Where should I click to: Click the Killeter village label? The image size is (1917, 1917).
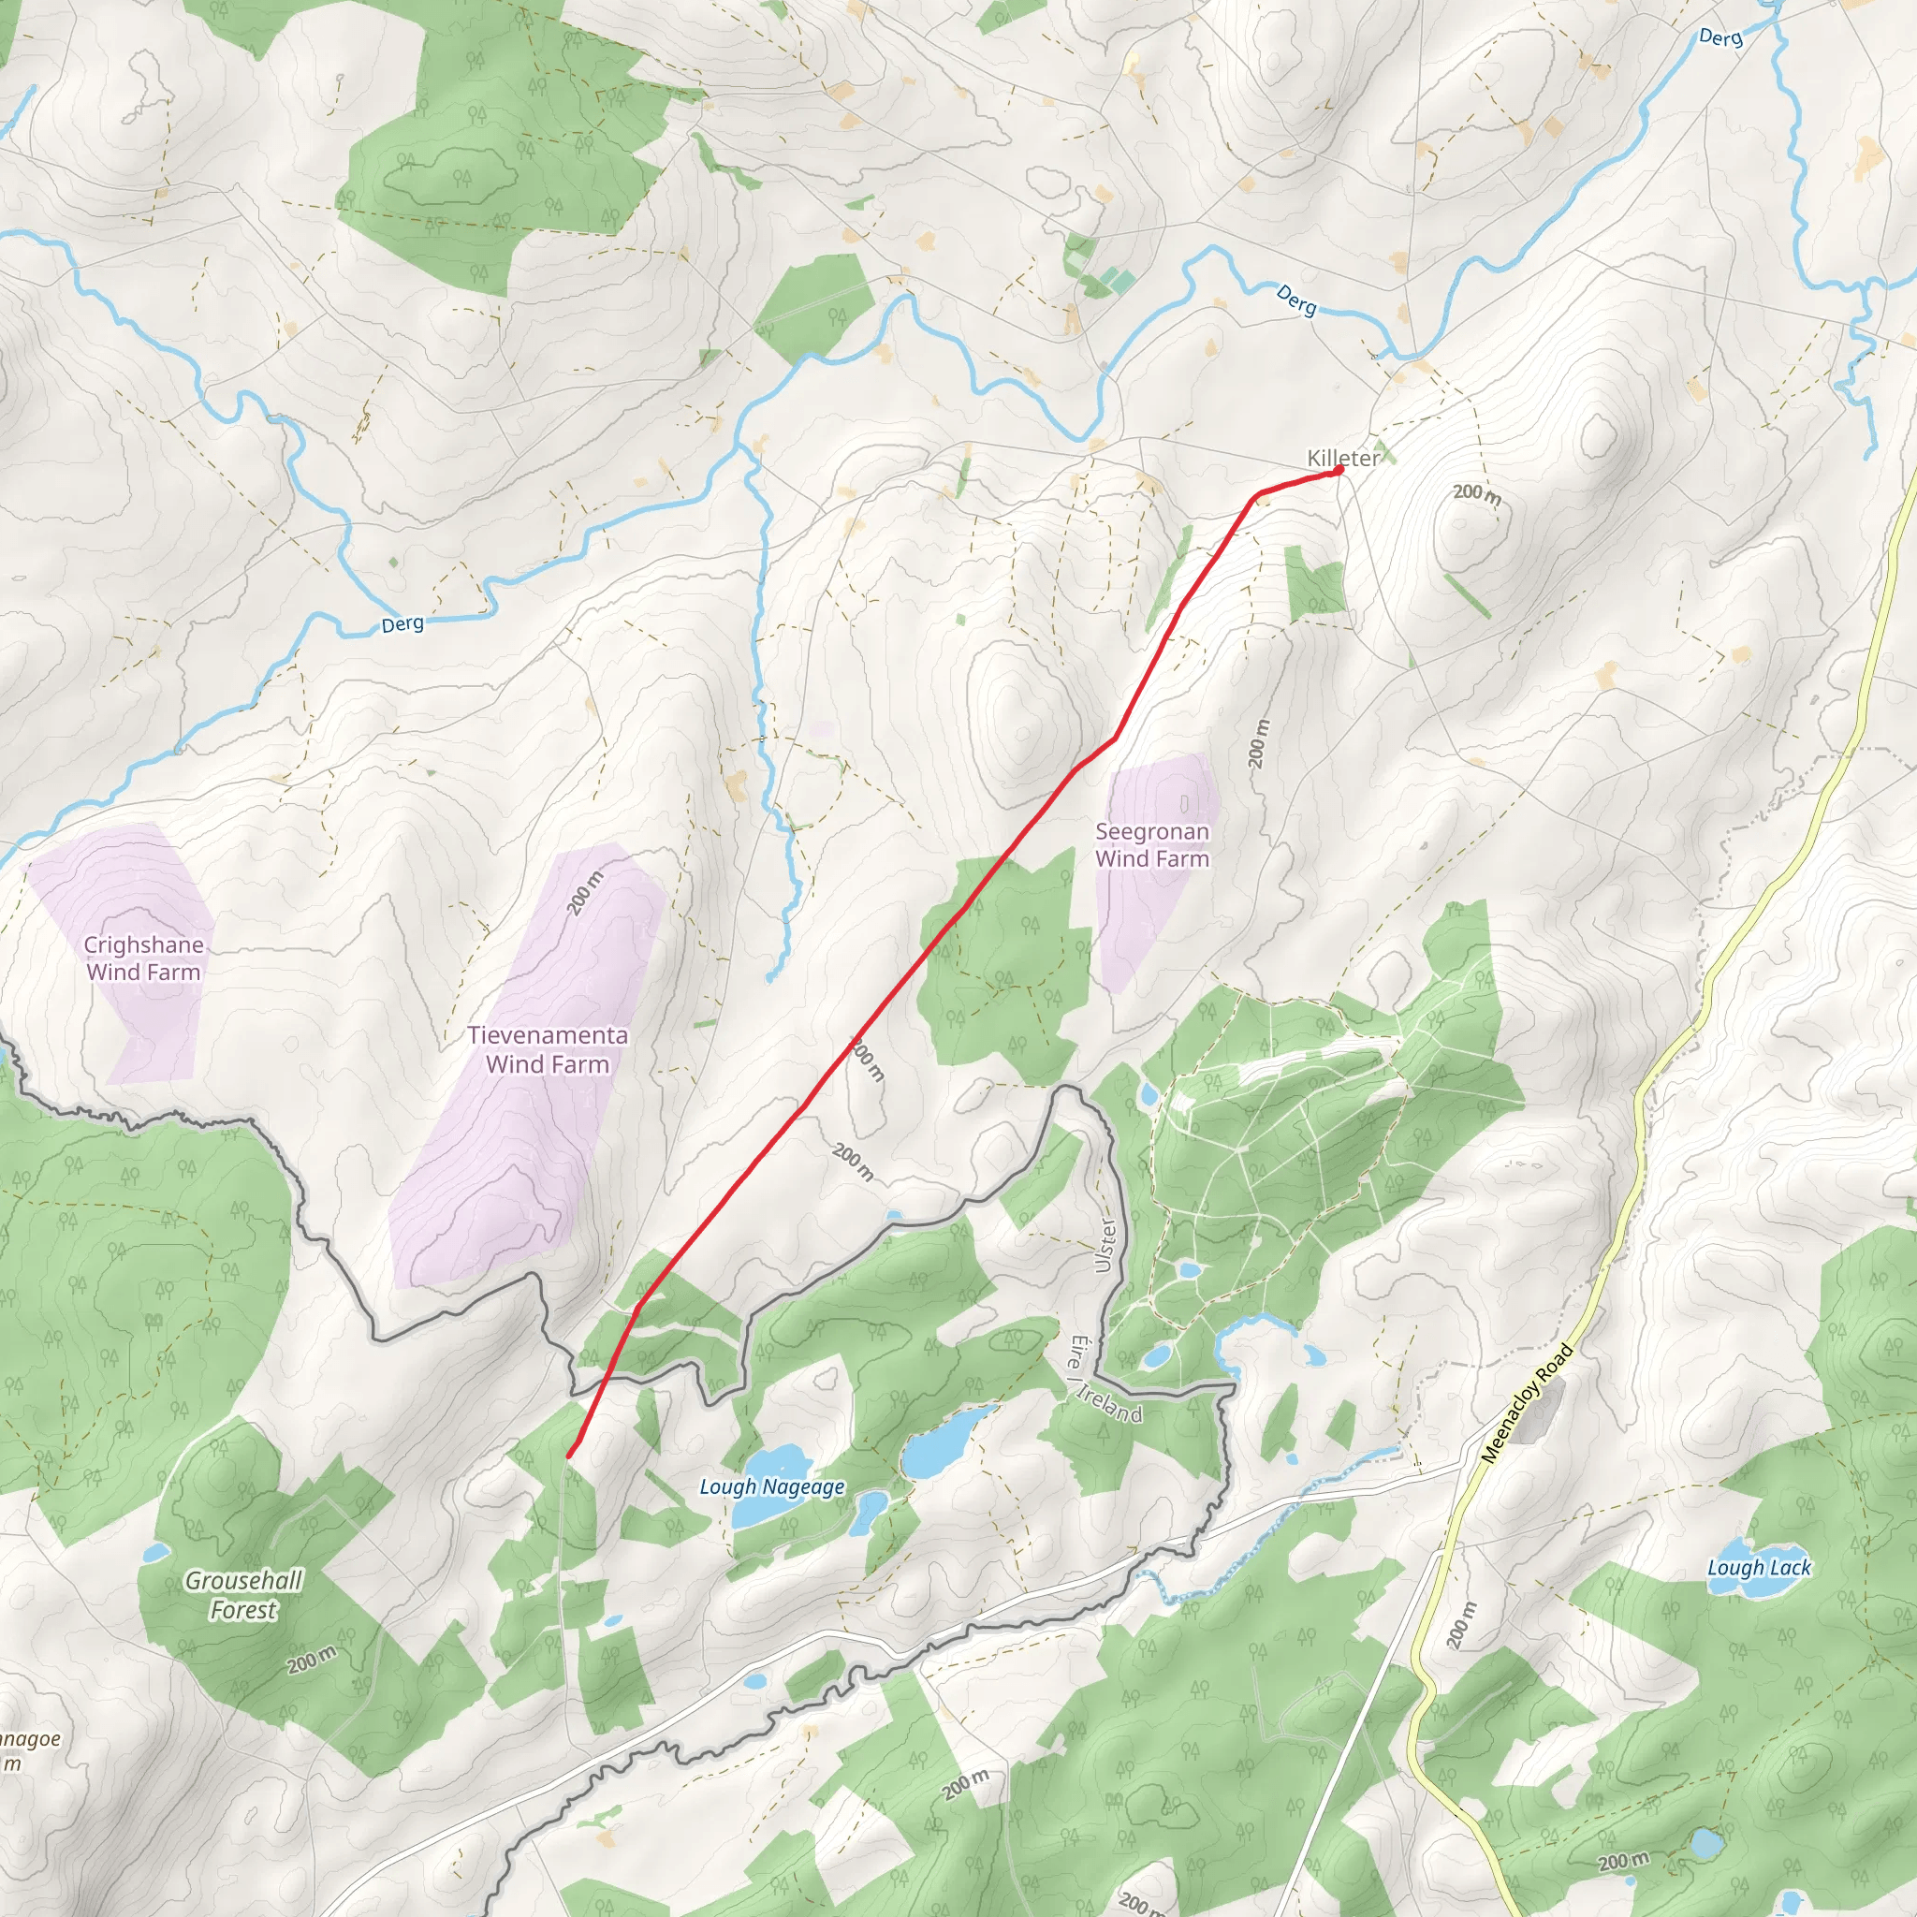pos(1341,459)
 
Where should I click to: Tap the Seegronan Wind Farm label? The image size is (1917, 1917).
pos(1152,845)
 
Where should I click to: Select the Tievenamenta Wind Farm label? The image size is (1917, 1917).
pos(548,1050)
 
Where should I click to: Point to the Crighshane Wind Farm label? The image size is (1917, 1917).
pos(144,958)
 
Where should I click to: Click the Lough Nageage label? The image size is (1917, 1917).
pos(772,1487)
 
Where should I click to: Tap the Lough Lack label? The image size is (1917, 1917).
pos(1759,1568)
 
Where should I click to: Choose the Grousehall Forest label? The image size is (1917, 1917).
pos(243,1596)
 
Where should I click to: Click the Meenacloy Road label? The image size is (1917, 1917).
pos(1526,1404)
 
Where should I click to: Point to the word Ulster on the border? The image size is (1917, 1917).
pos(1105,1245)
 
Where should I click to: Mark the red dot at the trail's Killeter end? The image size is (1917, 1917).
pos(1339,469)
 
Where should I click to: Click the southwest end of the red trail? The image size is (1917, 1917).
pos(568,1456)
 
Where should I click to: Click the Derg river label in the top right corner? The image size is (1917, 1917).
pos(1719,37)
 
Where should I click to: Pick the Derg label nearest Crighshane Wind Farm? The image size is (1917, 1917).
pos(402,624)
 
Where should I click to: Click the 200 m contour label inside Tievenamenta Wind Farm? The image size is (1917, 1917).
pos(585,893)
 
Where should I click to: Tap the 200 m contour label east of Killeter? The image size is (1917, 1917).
pos(1476,493)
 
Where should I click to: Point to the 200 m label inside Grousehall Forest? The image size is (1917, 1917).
pos(312,1660)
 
